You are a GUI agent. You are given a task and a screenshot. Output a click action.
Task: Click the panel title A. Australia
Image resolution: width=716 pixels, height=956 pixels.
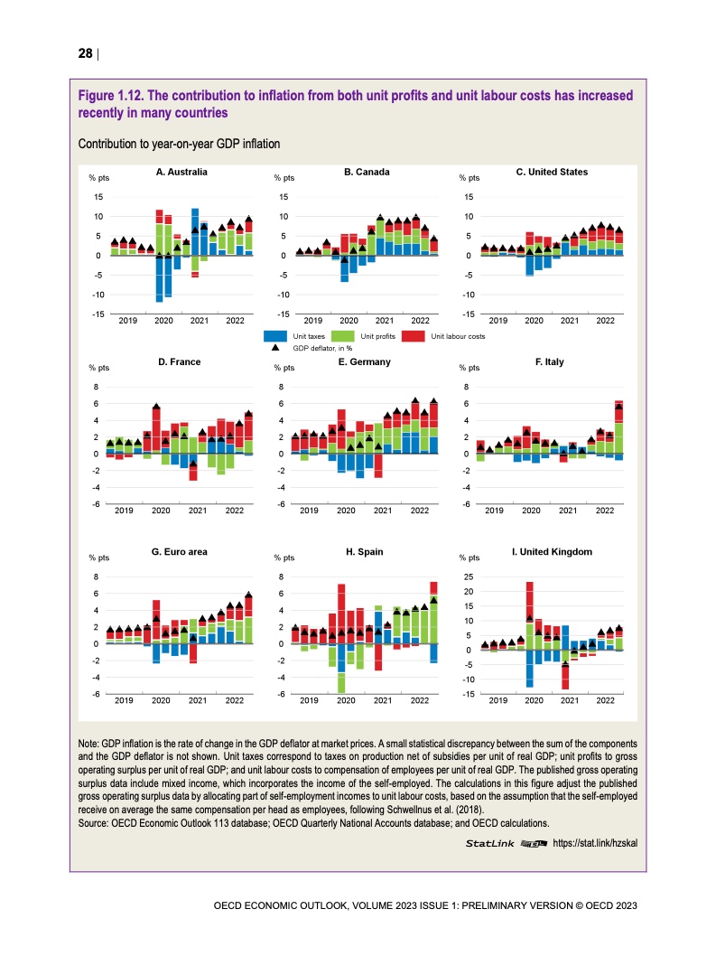coord(181,172)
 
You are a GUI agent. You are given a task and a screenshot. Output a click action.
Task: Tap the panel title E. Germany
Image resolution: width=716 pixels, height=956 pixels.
coord(364,361)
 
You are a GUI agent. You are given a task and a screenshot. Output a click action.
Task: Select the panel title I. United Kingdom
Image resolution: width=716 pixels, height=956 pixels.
coord(552,550)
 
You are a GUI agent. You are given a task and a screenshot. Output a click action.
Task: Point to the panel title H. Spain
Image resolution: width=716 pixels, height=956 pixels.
coord(367,550)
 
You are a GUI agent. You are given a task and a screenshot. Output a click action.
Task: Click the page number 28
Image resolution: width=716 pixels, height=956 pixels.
coord(85,53)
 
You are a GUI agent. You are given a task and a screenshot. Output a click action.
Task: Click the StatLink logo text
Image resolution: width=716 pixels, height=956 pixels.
coord(489,843)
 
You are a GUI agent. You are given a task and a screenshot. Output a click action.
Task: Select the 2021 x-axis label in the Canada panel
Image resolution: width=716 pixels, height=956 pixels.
coord(384,321)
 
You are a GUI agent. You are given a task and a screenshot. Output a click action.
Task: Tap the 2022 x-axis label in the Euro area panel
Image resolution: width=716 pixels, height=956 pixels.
coord(235,700)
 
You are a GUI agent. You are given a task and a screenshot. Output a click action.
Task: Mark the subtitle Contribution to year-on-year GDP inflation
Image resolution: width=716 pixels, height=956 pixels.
coord(180,144)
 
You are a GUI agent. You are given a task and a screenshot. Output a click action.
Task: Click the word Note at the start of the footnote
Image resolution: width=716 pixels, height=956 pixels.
coord(91,742)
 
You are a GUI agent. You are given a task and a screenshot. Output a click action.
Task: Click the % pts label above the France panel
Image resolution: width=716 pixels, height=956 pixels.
coord(98,368)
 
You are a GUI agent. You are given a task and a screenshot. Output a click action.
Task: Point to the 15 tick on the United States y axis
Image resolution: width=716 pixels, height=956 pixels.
coord(468,197)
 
